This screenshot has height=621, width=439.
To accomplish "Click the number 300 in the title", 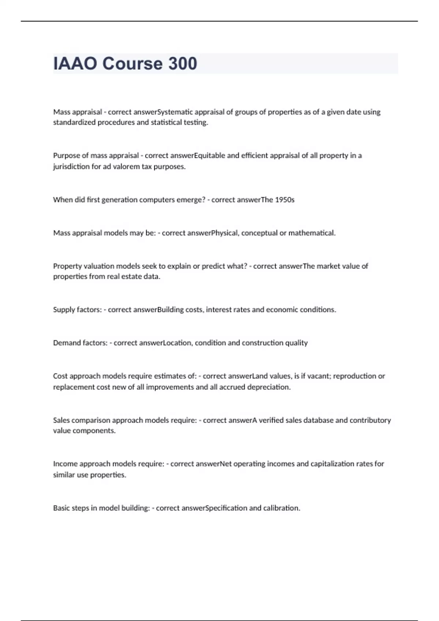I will (x=183, y=64).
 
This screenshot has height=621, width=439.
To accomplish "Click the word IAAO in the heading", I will (x=75, y=64).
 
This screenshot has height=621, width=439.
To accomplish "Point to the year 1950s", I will (x=285, y=200).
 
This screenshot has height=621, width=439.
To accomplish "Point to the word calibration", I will (x=282, y=508).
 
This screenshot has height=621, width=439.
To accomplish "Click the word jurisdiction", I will (x=71, y=167).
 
